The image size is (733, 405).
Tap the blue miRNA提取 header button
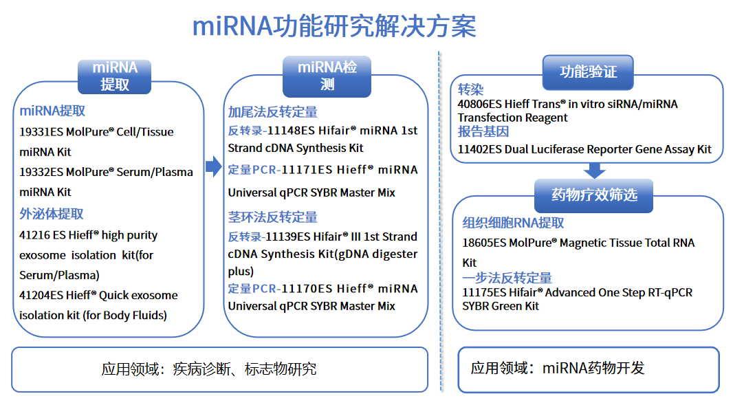(115, 76)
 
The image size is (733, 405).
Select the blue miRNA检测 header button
(327, 76)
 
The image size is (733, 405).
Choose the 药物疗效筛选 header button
(594, 195)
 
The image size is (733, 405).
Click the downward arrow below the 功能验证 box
(594, 170)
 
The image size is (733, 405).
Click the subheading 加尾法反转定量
(273, 112)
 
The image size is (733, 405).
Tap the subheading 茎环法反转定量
(273, 217)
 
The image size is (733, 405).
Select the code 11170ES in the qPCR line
(308, 289)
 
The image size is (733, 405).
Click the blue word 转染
(471, 90)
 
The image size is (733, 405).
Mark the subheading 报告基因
(483, 131)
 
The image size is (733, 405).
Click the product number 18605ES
(484, 243)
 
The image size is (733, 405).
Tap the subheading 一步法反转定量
(507, 278)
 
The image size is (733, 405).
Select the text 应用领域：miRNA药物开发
(558, 369)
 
